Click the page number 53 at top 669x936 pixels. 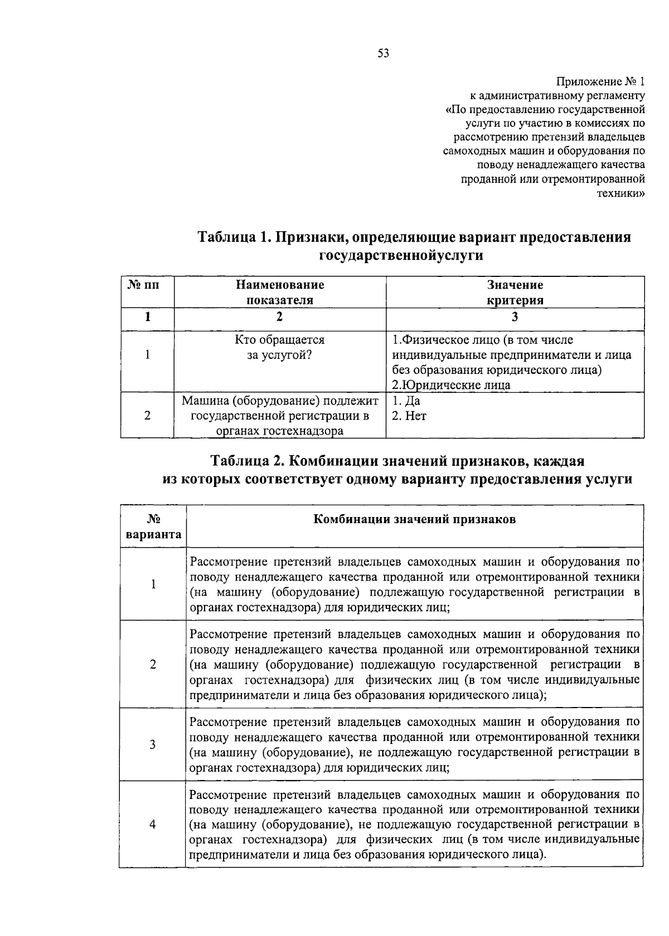click(x=383, y=53)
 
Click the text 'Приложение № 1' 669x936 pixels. click(x=600, y=82)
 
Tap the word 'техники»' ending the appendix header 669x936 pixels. click(x=622, y=193)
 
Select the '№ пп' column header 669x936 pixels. click(x=147, y=285)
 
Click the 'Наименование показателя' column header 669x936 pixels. click(x=280, y=292)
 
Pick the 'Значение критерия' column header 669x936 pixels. click(x=515, y=292)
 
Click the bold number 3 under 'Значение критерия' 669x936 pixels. click(x=515, y=317)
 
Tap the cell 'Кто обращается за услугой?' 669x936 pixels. click(x=280, y=347)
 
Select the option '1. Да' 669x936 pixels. click(x=406, y=401)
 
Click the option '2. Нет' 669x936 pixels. click(x=409, y=416)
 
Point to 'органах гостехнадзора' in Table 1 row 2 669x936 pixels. click(x=280, y=431)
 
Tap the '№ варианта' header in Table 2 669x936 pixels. click(x=153, y=527)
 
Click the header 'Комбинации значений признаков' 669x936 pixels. click(x=415, y=519)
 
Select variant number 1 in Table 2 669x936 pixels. click(x=153, y=584)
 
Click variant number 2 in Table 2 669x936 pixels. click(x=153, y=664)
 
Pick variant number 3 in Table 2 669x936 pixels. click(x=153, y=744)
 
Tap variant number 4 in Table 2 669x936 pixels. click(x=153, y=825)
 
